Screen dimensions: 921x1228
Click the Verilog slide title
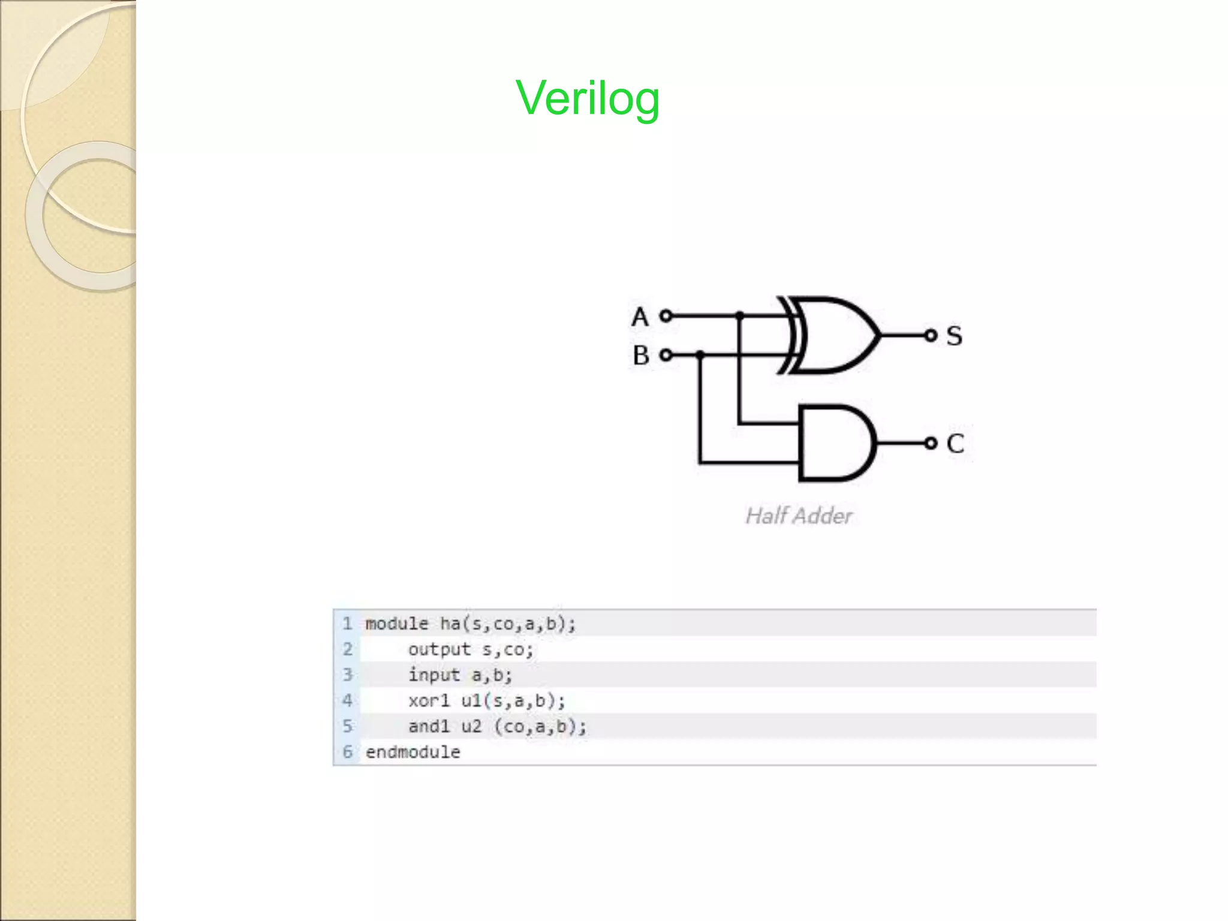pos(587,98)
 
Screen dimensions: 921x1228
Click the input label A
pos(640,317)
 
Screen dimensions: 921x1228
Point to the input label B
pos(640,355)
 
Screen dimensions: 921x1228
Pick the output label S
pos(954,336)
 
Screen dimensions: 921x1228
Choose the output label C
pos(955,444)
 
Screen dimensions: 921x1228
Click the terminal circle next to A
pos(666,315)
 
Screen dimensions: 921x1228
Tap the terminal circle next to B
pos(666,355)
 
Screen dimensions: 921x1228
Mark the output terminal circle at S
pos(931,335)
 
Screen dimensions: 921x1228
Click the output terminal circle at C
pos(931,443)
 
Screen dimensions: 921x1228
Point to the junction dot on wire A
pos(740,315)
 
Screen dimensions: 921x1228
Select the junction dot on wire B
pos(700,355)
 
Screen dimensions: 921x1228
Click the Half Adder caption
pos(798,516)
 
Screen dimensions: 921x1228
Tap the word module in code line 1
pos(396,624)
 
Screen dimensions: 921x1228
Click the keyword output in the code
pos(439,649)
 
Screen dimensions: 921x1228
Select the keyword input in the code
pos(434,675)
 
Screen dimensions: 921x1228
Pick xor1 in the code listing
pos(428,700)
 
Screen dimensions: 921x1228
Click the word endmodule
pos(413,752)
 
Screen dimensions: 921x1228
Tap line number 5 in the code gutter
pos(347,726)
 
